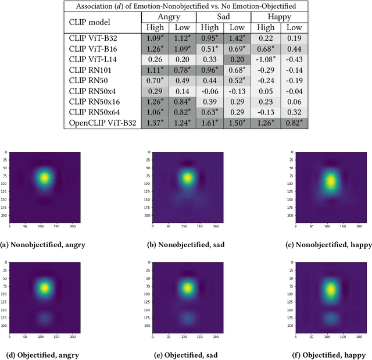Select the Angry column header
(169, 17)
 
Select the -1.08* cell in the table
(266, 59)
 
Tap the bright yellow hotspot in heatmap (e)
(187, 287)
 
